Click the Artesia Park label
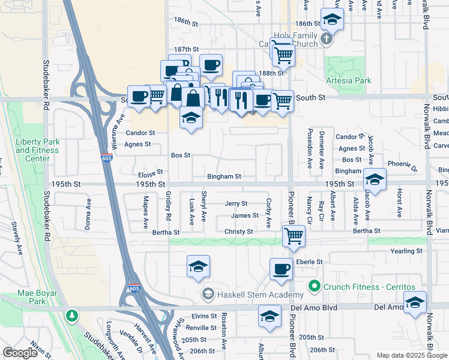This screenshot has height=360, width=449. [x=348, y=80]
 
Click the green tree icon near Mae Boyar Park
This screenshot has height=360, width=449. [x=72, y=315]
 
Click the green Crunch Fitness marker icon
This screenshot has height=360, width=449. [x=312, y=286]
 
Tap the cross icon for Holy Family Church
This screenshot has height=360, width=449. [x=326, y=40]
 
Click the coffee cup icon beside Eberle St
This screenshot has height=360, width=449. [x=280, y=269]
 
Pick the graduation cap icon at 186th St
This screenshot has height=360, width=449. [x=331, y=20]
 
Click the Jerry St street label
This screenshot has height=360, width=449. [x=236, y=204]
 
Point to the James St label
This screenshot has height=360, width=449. [x=245, y=216]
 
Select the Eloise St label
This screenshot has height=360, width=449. [x=151, y=173]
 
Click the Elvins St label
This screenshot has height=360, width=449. [x=204, y=316]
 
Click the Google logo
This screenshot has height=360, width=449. [x=20, y=353]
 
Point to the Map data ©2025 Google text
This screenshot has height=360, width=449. [x=412, y=355]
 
